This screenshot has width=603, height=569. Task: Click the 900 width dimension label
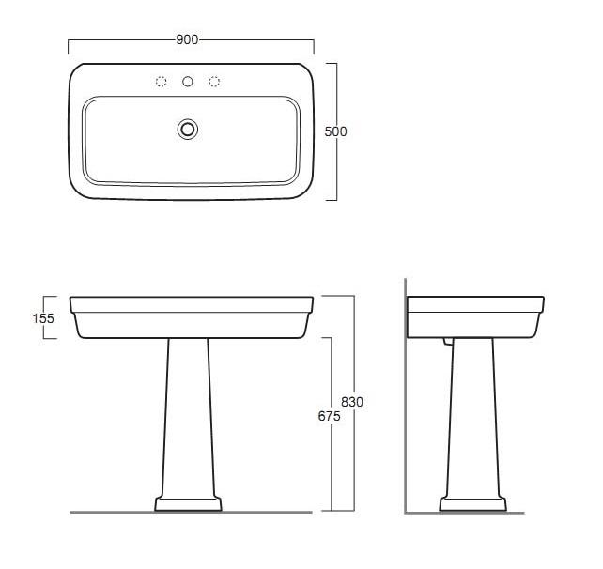click(187, 39)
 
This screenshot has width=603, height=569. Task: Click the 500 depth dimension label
click(335, 131)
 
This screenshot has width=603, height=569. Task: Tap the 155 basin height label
click(43, 318)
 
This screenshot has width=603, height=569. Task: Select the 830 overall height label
click(352, 402)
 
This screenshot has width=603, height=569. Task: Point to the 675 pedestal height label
click(329, 416)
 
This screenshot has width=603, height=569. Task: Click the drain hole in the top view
click(188, 130)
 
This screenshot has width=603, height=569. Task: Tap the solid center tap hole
click(188, 82)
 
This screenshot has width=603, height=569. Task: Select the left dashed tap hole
click(162, 82)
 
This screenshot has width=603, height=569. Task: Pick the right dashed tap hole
click(214, 82)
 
